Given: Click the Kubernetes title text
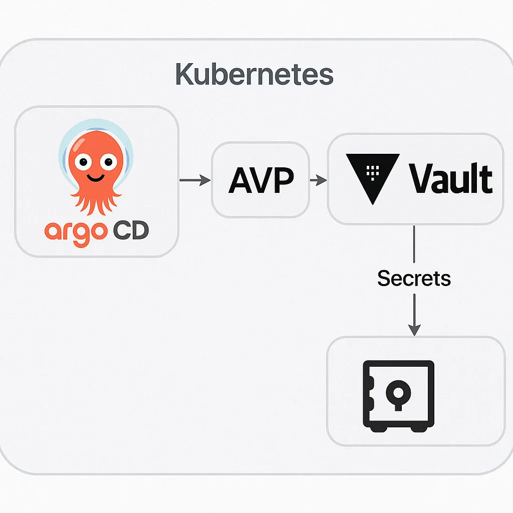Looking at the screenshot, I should (x=254, y=75).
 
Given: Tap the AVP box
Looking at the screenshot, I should (x=261, y=179).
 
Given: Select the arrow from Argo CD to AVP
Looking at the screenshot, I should (x=195, y=179).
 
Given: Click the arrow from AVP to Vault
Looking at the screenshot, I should (x=318, y=179).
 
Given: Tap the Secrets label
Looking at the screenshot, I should (x=414, y=279).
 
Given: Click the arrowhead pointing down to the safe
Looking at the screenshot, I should (x=414, y=329).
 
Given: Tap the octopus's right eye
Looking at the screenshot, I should (x=107, y=161).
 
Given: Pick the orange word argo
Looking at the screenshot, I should (x=76, y=233).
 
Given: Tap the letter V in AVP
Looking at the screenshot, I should (x=261, y=180).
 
